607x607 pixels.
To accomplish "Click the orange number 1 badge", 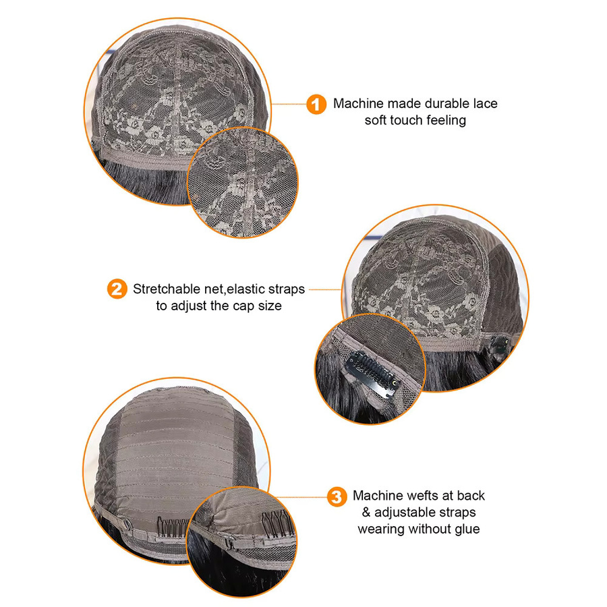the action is coord(316,104).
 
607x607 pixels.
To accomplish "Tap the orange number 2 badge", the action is coord(117,289).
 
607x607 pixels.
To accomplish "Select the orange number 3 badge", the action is coord(337,496).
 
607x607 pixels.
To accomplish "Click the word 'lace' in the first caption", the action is coord(486,103).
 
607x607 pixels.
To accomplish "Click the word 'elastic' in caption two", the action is coord(245,289).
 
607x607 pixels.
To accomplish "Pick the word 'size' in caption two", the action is coord(270,306).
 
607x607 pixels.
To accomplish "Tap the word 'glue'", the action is coord(467,529).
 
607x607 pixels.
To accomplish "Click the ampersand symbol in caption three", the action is coord(366,513).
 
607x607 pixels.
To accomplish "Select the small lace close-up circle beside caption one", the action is coord(243,182).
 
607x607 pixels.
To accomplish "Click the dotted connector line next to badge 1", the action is coord(289,104).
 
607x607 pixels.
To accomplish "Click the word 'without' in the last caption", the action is coord(430,529).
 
